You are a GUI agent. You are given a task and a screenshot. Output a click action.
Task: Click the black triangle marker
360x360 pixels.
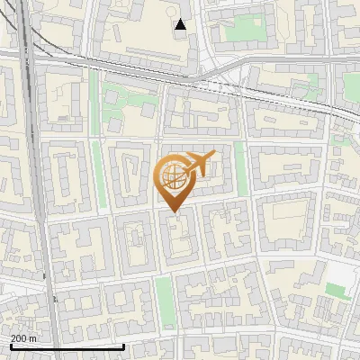[x=181, y=25]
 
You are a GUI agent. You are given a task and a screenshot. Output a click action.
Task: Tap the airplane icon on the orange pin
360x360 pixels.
[x=198, y=164]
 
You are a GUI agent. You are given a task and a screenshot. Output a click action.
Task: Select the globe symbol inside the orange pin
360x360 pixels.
[x=172, y=175]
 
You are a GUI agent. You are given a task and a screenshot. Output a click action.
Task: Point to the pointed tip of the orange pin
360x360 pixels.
[x=173, y=211]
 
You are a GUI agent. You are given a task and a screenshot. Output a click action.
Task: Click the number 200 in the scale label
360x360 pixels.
[x=19, y=338]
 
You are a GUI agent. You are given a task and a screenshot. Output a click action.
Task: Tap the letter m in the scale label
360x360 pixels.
[x=33, y=338]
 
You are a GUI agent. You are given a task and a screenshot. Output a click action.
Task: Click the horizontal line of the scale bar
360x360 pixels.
[x=67, y=346]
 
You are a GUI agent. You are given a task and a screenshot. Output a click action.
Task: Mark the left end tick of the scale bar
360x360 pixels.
[x=11, y=345]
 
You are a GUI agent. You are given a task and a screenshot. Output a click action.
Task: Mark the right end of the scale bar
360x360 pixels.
[x=123, y=346]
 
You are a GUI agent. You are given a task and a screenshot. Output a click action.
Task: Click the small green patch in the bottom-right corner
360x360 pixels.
[x=337, y=290]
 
